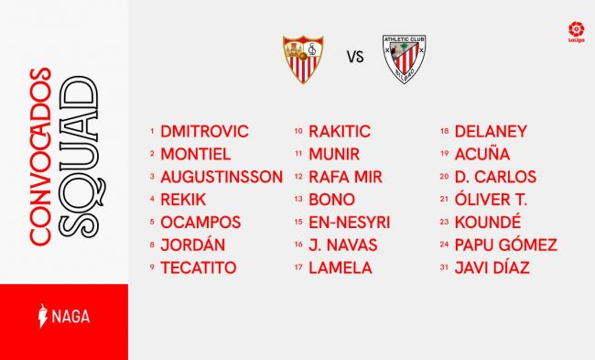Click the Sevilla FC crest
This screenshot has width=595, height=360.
303,60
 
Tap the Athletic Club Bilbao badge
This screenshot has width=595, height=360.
404,59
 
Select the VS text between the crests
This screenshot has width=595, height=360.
355,57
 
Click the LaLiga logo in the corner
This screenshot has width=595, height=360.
576,32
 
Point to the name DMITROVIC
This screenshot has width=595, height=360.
204,131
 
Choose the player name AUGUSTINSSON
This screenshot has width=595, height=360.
222,177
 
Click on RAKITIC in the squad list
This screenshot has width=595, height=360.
340,131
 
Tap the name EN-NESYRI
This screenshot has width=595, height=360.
350,223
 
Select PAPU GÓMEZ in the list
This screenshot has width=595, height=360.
506,245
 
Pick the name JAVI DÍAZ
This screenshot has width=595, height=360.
492,267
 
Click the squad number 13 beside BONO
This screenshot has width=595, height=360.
298,199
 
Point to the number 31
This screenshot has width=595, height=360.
444,267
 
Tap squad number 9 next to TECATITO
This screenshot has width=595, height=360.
152,267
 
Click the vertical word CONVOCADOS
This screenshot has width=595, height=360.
40,157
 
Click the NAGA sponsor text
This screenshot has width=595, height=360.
71,316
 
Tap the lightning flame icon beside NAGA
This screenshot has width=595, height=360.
43,315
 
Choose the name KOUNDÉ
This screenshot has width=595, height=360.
488,223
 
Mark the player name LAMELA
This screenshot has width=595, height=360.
341,267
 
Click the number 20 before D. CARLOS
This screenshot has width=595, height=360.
444,176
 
